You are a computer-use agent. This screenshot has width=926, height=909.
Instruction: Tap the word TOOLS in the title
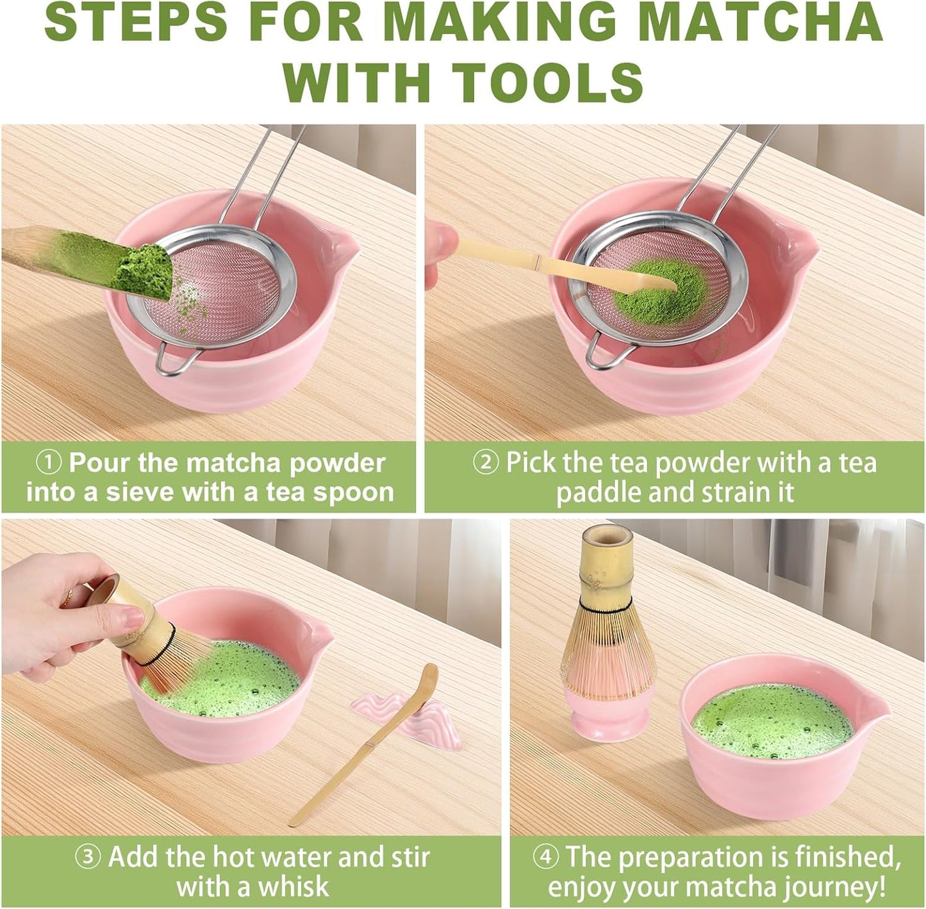pos(548,81)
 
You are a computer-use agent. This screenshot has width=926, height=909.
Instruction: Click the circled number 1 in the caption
pos(49,463)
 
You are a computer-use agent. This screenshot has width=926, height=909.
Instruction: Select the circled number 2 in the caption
pos(485,463)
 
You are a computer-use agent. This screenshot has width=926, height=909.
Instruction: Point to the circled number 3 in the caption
pos(88,856)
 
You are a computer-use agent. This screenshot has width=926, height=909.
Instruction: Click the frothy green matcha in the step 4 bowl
pos(772,721)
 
